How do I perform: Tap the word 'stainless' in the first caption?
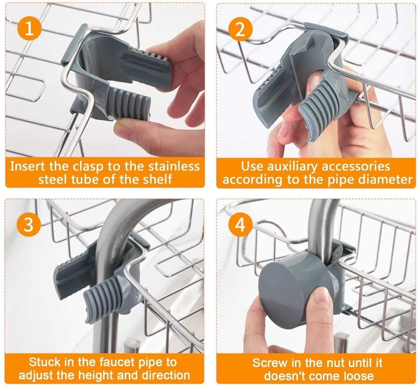click(x=174, y=166)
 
